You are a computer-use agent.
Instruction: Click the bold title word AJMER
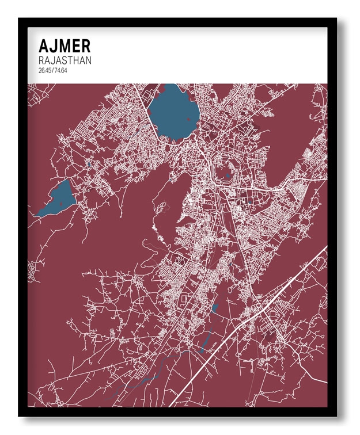coord(64,46)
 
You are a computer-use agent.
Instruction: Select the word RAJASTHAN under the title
coord(65,60)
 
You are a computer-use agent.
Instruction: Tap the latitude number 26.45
coord(45,70)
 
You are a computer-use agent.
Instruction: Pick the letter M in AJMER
coord(65,46)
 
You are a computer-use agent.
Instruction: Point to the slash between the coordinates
coord(53,70)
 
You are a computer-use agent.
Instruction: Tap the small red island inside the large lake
coord(188,120)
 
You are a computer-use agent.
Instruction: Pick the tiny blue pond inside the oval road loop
coord(228,175)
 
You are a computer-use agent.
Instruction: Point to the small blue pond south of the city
coord(215,308)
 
